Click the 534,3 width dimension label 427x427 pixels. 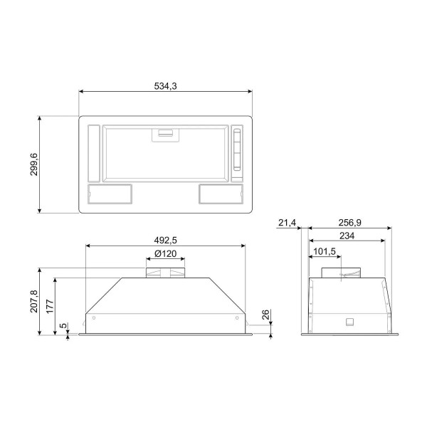click(165, 86)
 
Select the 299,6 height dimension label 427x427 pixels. click(34, 164)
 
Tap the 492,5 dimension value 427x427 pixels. click(165, 241)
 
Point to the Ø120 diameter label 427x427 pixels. click(165, 253)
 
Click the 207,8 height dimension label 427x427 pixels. click(34, 301)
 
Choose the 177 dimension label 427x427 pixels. click(50, 306)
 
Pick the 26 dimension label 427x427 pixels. click(265, 315)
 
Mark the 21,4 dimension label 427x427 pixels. click(287, 223)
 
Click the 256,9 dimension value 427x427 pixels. click(349, 223)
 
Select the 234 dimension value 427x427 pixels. click(347, 236)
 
